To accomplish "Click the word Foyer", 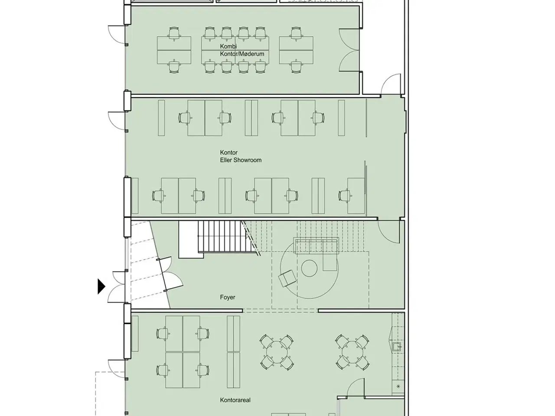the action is click(x=227, y=297).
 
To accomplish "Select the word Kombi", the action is click(x=229, y=46).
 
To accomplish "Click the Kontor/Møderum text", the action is click(x=242, y=54).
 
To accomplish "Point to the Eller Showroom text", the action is click(x=241, y=160).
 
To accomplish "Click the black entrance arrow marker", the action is click(x=101, y=286).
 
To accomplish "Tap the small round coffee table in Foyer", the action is click(x=309, y=268).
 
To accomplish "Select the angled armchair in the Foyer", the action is click(x=287, y=278).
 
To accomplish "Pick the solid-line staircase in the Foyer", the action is click(x=225, y=237).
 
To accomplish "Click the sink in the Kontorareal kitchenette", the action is click(x=397, y=347).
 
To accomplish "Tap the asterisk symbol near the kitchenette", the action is click(x=398, y=386).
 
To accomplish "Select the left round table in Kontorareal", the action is click(x=277, y=352).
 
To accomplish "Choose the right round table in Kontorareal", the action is click(x=352, y=352).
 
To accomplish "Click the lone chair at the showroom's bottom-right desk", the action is click(x=344, y=196).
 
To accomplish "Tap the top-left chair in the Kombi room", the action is click(x=174, y=34).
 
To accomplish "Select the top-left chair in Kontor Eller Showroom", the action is click(x=185, y=118).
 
